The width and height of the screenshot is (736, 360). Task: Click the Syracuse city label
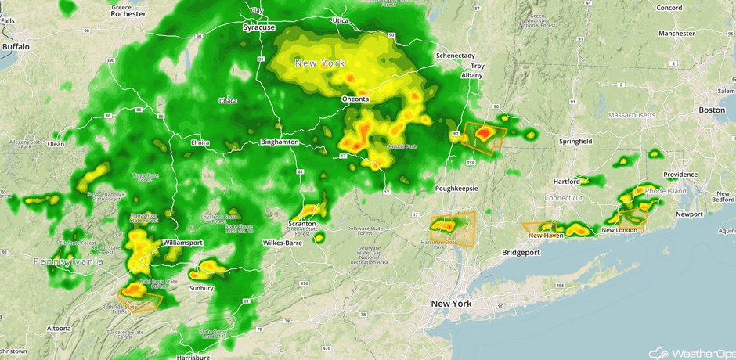tap(259, 27)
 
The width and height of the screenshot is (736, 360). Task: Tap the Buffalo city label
tap(16, 47)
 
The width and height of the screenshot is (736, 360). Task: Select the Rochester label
tap(128, 13)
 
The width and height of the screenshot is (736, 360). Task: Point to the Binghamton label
tap(280, 142)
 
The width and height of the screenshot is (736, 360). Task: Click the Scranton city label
tap(302, 223)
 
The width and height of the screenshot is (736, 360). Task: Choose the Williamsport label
tap(182, 243)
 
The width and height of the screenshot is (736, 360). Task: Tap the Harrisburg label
tap(194, 357)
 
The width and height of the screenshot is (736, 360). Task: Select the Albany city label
tap(472, 75)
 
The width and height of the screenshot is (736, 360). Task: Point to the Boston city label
tap(712, 110)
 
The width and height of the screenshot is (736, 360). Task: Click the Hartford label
tap(567, 182)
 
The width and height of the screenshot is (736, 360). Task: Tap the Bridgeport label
tap(521, 253)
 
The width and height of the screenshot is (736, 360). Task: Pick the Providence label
tap(680, 175)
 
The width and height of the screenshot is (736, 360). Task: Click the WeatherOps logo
tap(688, 351)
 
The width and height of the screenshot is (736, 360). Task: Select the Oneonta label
tap(361, 100)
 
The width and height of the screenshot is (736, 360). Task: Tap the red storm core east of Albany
tap(485, 135)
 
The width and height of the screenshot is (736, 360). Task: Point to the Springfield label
tap(575, 141)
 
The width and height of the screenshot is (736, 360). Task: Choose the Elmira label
tap(200, 143)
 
